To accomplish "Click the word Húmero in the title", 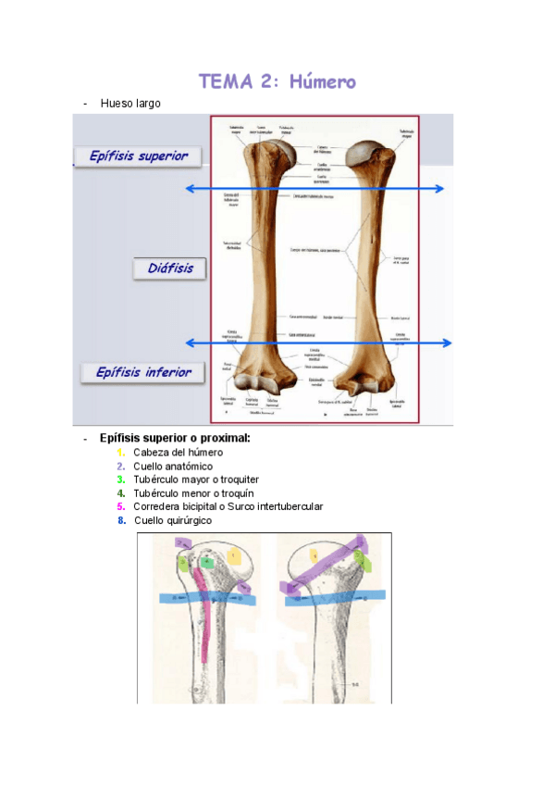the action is (322, 81).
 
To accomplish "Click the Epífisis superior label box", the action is (138, 156).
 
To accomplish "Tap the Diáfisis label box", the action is (170, 268).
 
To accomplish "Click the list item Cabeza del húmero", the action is (178, 452).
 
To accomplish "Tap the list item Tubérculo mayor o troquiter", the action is (195, 480).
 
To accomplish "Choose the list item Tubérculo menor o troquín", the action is (193, 493).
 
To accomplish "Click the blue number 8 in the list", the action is (121, 520).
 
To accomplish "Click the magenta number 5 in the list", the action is (121, 506).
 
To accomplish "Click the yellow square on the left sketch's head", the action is (235, 556).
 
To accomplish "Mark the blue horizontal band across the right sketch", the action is (333, 596).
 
